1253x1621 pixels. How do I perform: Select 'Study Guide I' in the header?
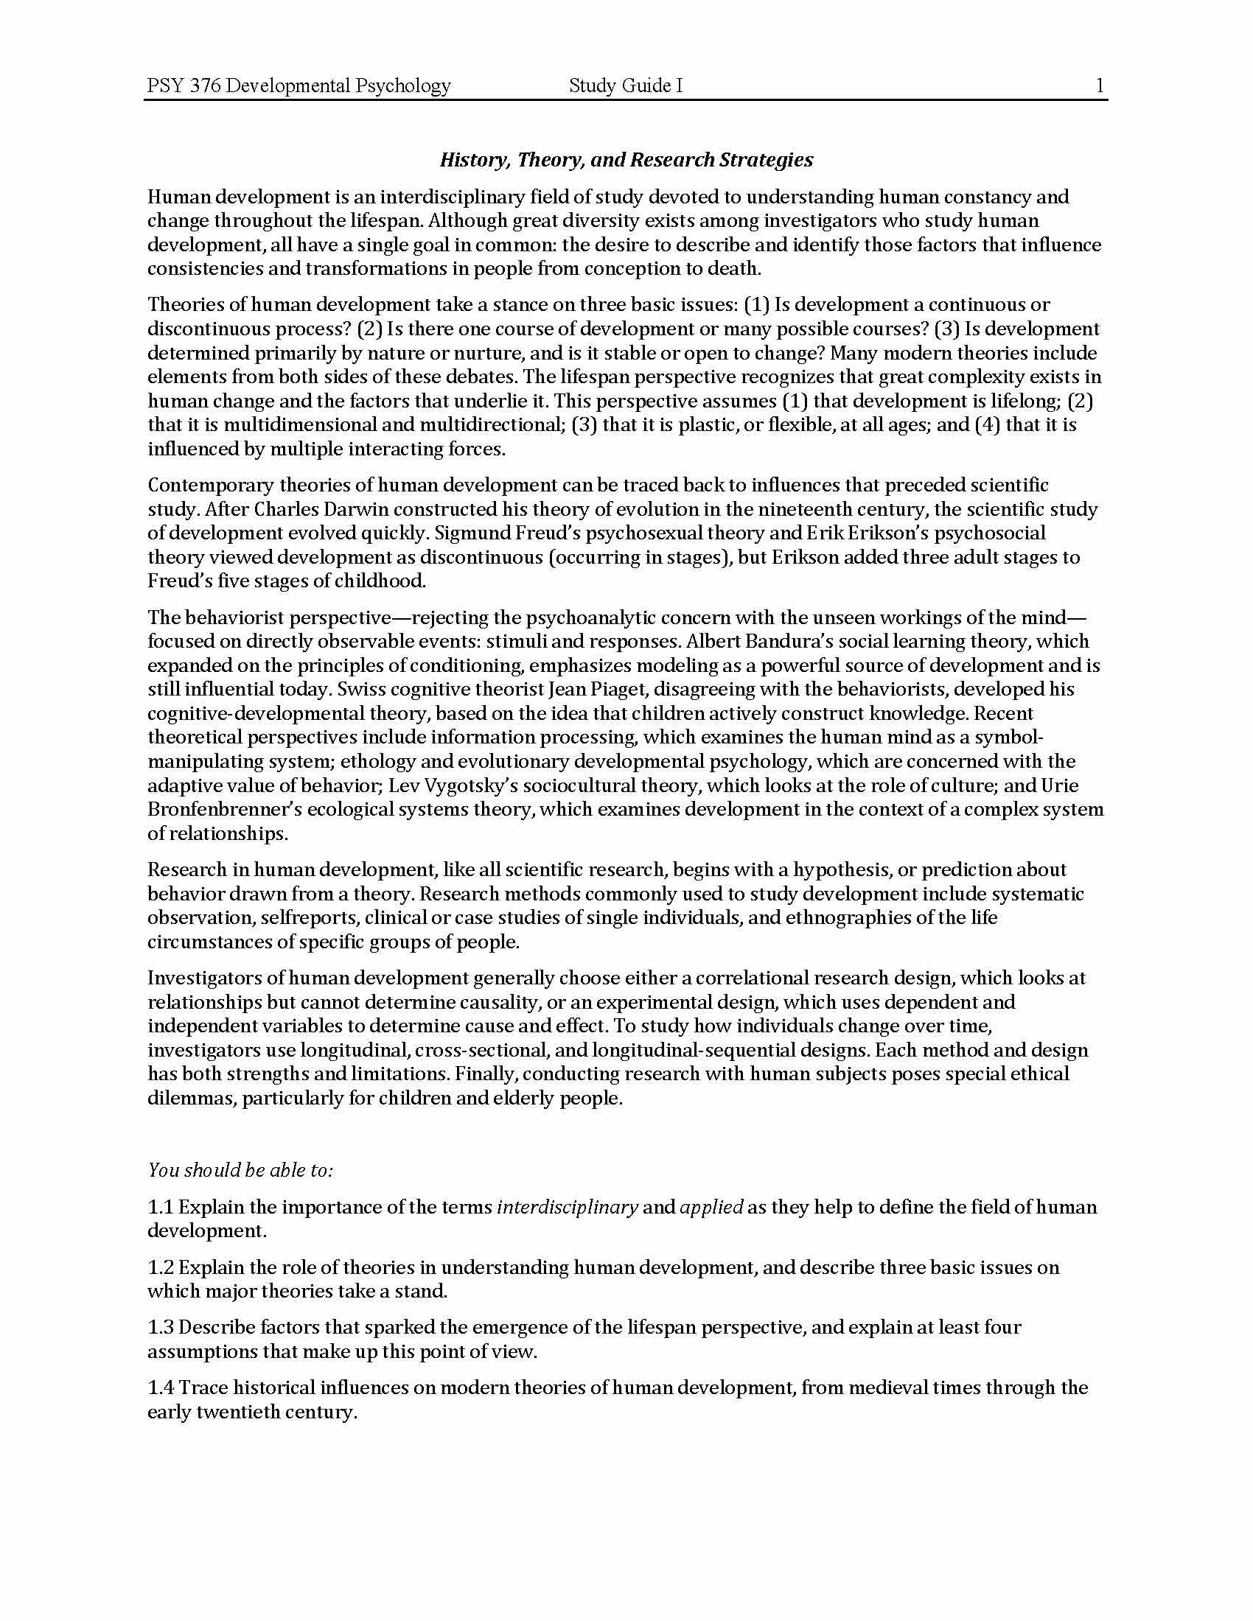(625, 86)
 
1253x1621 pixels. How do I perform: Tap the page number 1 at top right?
(1100, 86)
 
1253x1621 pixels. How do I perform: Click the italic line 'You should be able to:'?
(240, 1171)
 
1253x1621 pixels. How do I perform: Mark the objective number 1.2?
(160, 1267)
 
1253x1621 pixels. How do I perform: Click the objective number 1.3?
(160, 1327)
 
